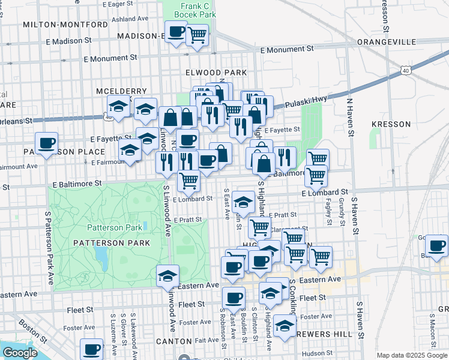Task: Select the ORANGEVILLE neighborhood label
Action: tap(386, 42)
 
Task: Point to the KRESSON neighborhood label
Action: tap(391, 124)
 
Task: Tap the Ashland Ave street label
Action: tap(130, 19)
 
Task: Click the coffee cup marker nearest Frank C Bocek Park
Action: tap(176, 32)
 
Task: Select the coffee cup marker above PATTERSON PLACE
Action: tap(46, 143)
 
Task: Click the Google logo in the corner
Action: tap(20, 353)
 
